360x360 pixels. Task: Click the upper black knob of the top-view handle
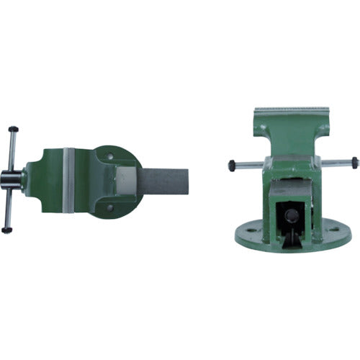(12, 130)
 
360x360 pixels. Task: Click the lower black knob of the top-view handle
(6, 230)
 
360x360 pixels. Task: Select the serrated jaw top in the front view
(292, 109)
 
